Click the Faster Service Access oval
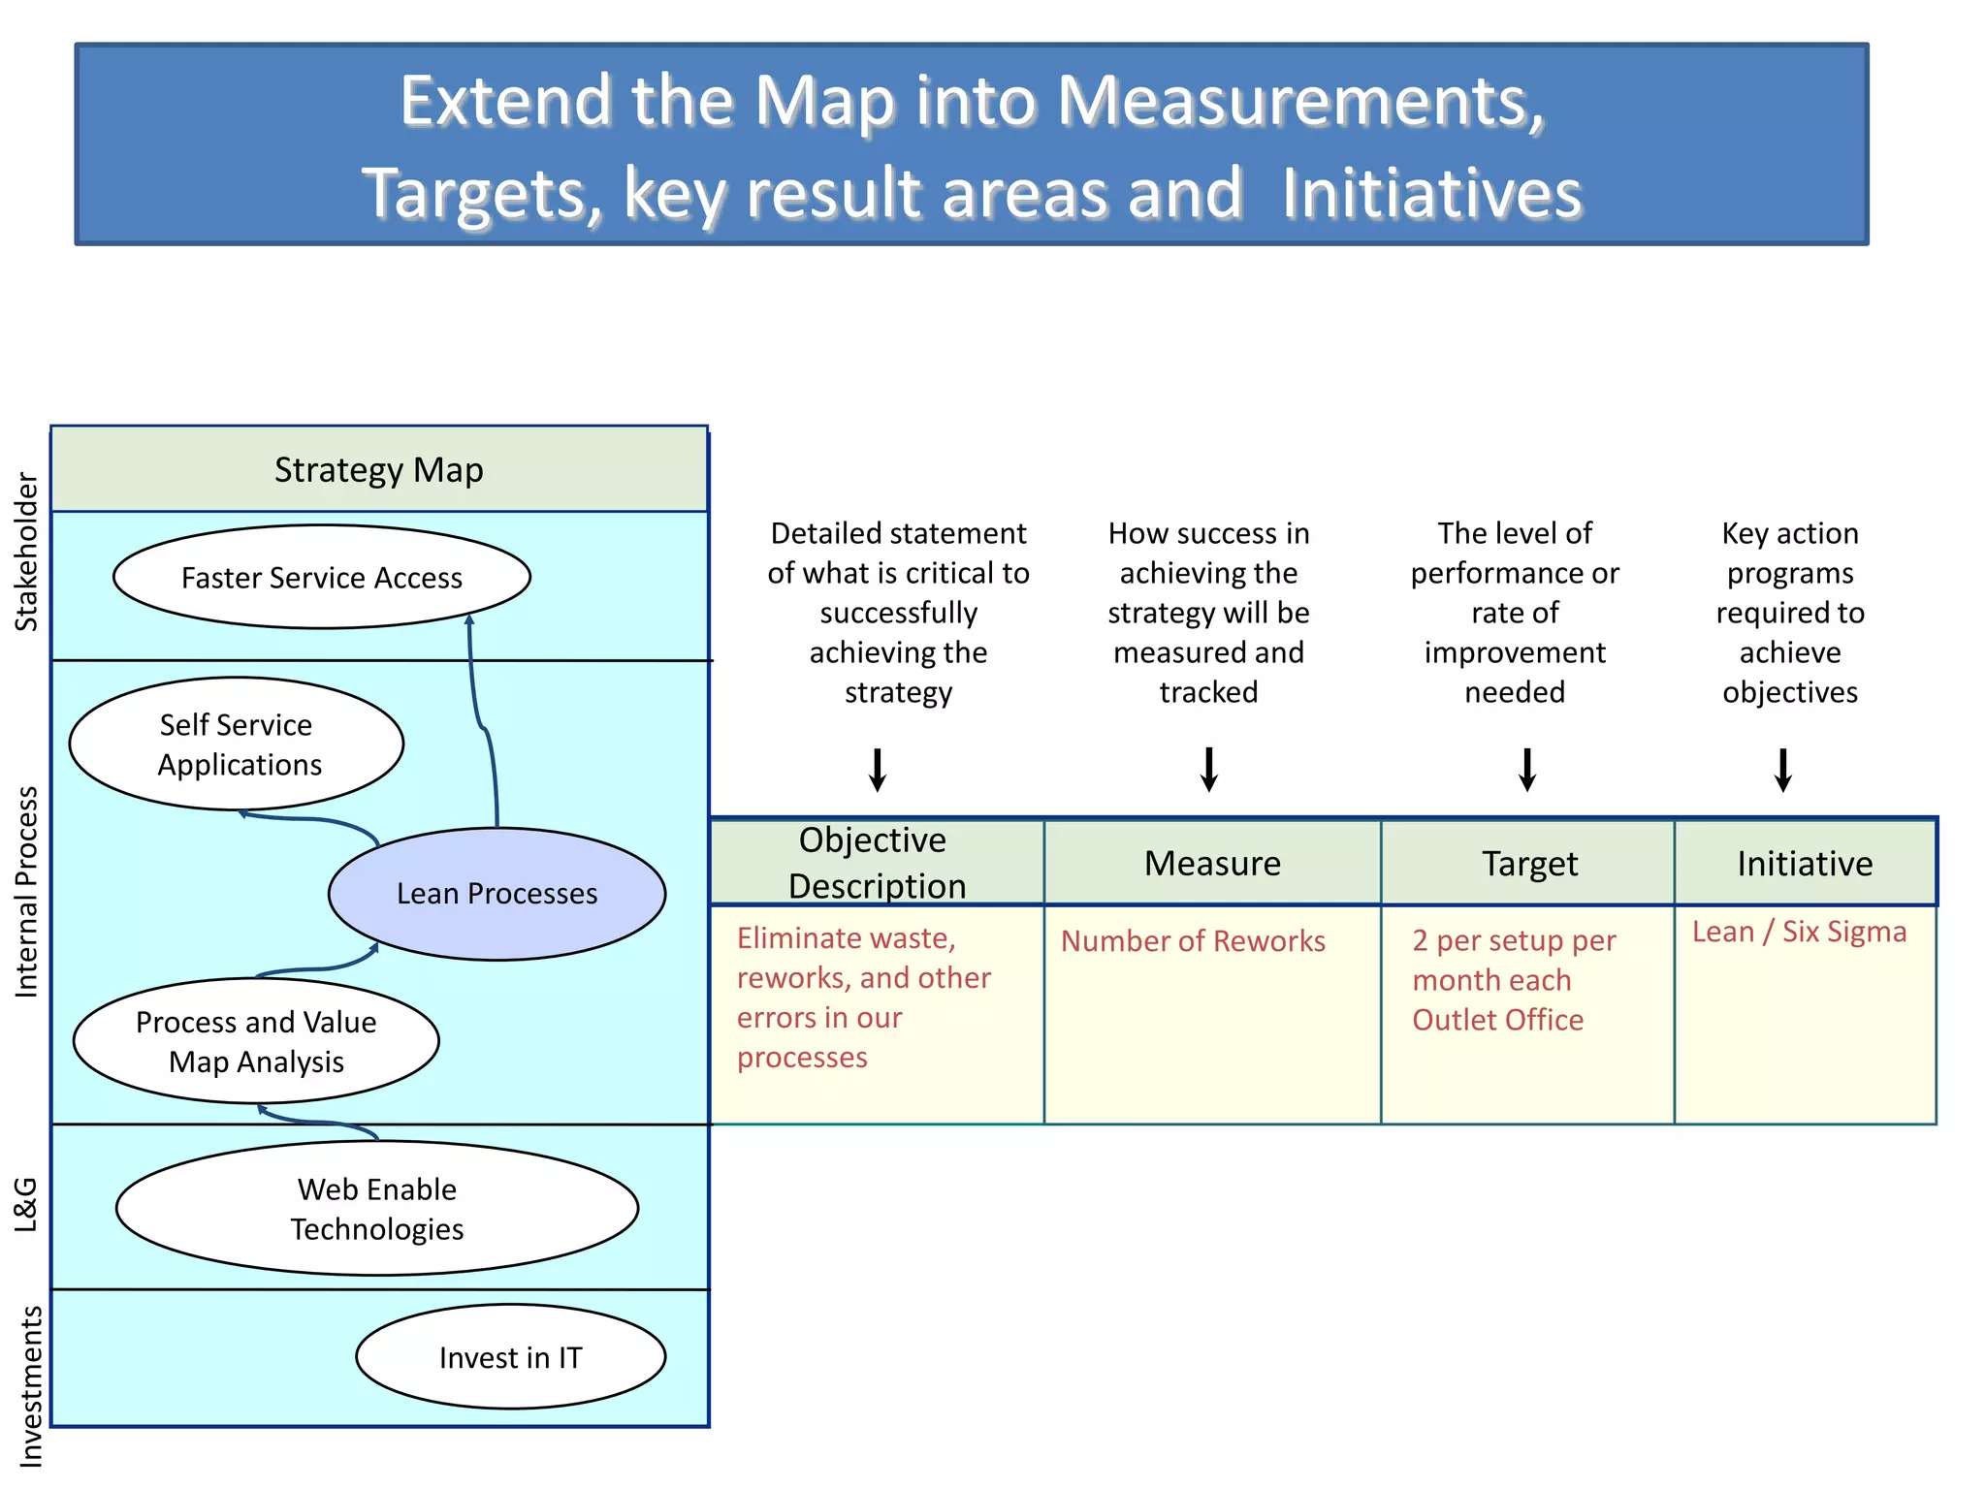click(x=321, y=578)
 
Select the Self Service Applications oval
click(x=237, y=744)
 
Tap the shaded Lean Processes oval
click(x=496, y=894)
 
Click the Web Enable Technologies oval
click(x=376, y=1209)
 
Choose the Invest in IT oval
click(x=510, y=1357)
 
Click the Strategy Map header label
click(x=378, y=470)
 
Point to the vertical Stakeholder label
click(x=27, y=553)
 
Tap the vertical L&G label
click(x=26, y=1204)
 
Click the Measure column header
click(x=1212, y=864)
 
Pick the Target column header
click(x=1529, y=864)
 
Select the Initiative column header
click(x=1805, y=864)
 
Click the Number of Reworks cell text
click(x=1193, y=941)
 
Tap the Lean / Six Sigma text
click(x=1799, y=932)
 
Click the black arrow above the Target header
click(x=1527, y=770)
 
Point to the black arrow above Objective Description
click(x=878, y=770)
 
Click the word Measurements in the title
click(x=1299, y=101)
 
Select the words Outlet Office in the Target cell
click(x=1497, y=1020)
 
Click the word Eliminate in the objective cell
click(x=794, y=938)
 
